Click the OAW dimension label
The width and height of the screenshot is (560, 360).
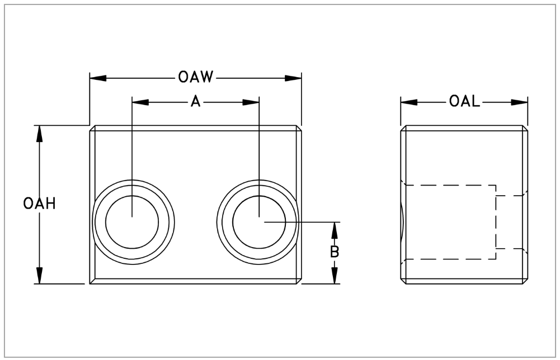pos(196,78)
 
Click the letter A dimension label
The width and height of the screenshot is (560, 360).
pos(195,102)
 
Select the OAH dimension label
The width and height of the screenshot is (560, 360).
pos(39,203)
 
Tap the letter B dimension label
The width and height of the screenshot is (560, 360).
pos(335,252)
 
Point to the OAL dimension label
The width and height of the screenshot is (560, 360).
pos(464,102)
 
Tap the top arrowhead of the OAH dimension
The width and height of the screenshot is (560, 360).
pos(39,133)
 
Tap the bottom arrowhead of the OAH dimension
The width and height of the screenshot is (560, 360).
pos(39,276)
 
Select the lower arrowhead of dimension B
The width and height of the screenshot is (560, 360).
pos(335,276)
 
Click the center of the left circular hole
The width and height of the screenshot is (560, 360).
pos(131,216)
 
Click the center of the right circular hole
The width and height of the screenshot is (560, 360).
pos(259,216)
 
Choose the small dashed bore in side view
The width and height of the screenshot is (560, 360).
pos(510,221)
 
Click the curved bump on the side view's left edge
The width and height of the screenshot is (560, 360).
pos(402,221)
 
